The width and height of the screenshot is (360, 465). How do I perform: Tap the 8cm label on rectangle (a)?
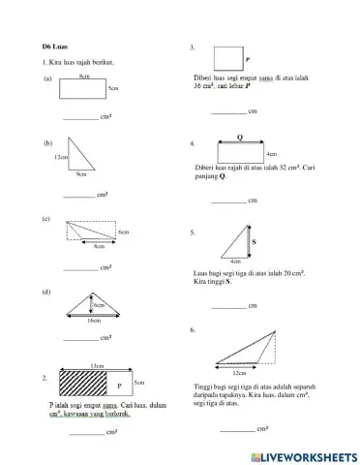pos(85,76)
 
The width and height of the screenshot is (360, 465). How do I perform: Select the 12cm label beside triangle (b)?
pos(61,156)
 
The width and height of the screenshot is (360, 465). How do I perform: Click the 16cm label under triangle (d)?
pos(94,319)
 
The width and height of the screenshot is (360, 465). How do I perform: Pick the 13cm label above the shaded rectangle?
pos(97,365)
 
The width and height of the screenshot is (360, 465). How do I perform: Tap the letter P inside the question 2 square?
pos(119,386)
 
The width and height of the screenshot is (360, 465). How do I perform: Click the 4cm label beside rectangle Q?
pos(271,153)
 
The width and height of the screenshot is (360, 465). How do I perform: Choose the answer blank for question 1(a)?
pos(79,117)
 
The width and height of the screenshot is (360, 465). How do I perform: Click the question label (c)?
pos(46,220)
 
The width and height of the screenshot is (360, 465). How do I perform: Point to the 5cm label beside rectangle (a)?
pos(113,88)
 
